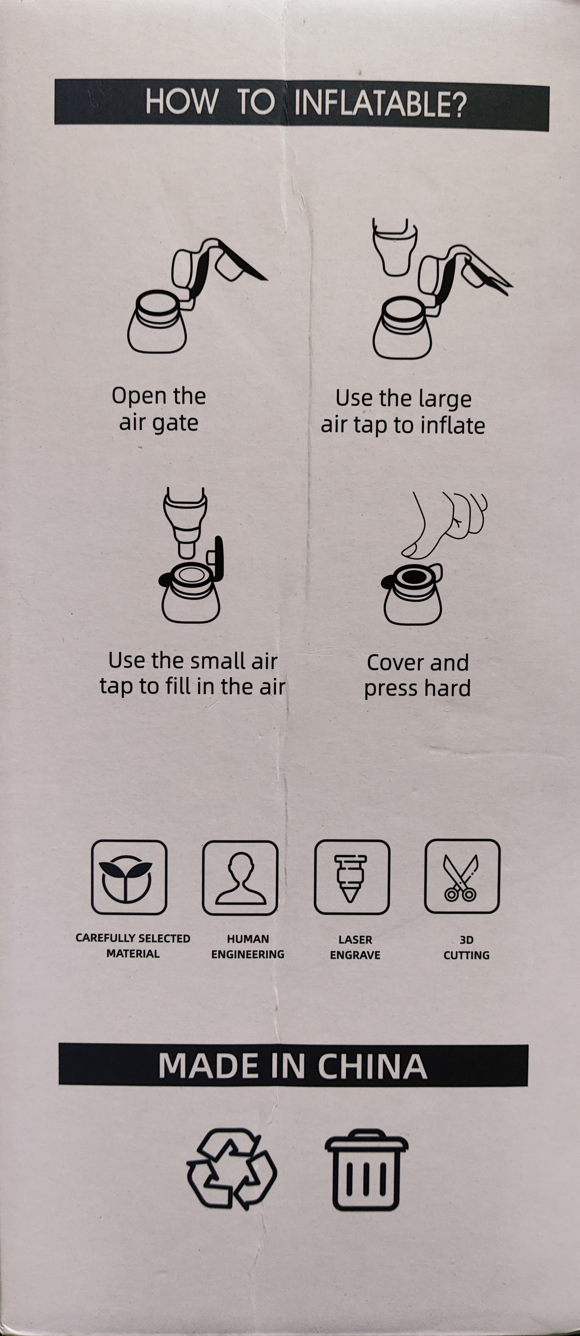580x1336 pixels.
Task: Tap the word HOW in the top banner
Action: coord(181,101)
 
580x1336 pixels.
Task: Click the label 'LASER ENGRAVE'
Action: coord(355,947)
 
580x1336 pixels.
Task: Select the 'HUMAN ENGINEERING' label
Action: coord(248,947)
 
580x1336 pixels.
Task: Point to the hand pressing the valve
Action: coord(446,524)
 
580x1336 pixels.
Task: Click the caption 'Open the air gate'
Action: coord(159,409)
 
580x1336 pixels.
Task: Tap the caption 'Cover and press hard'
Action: coord(417,675)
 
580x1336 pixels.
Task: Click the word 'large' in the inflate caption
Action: coord(445,399)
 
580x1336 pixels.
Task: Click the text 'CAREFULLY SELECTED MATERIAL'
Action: coord(133,946)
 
